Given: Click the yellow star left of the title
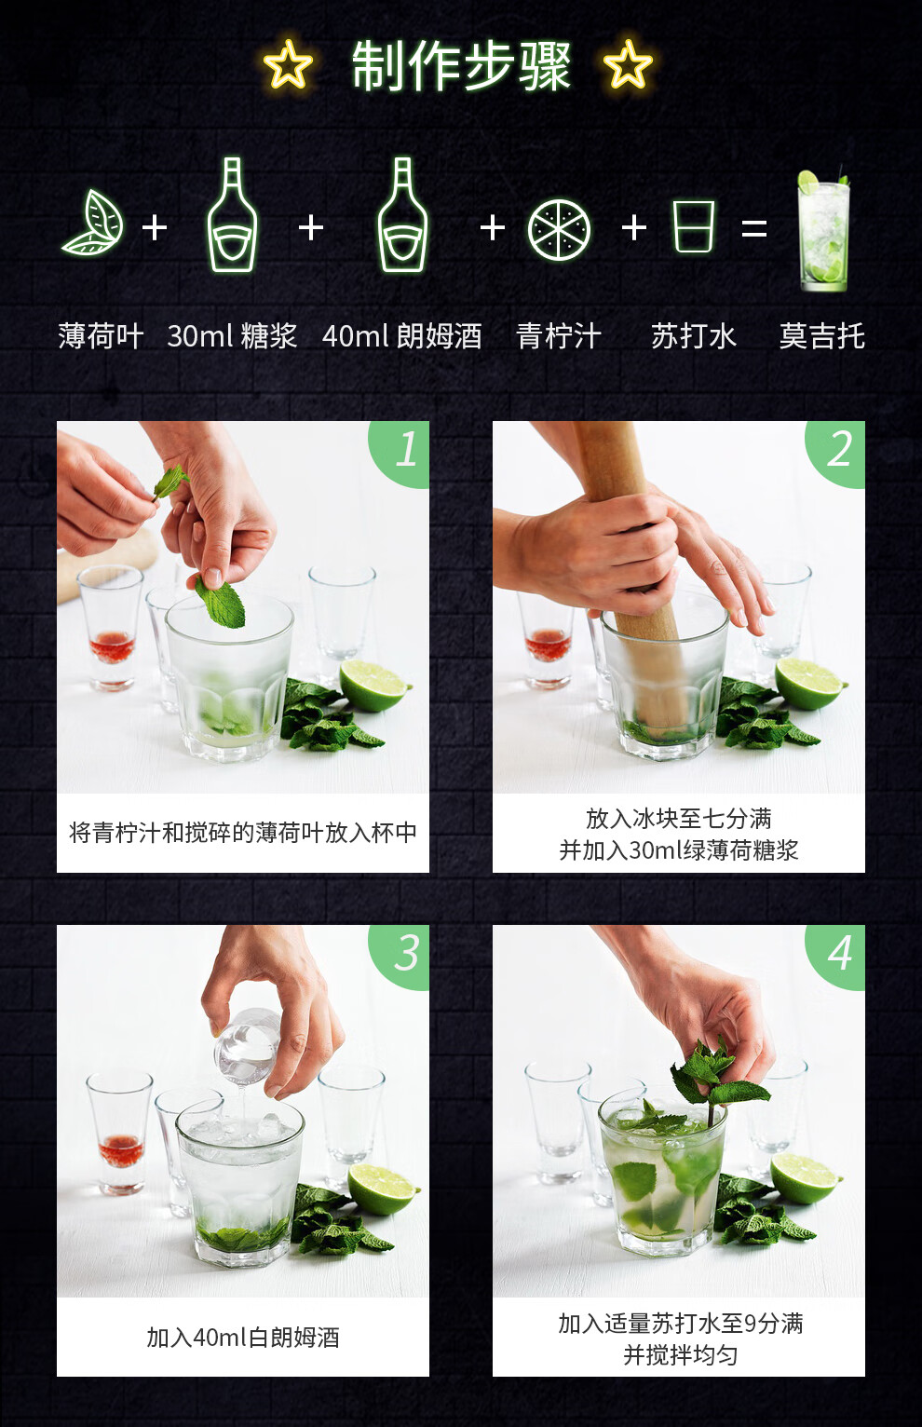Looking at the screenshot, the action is point(289,64).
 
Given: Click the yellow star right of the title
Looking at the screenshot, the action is point(628,64).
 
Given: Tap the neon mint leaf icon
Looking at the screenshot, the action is point(94,223).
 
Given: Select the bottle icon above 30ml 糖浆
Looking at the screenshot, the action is point(233,214).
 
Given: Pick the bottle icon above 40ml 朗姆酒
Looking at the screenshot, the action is point(402,214).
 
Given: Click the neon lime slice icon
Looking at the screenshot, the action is point(559,230).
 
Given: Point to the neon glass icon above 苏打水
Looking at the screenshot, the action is point(694,226).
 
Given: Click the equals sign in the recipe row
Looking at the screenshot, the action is point(754,228).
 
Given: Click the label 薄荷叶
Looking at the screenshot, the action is point(101,335).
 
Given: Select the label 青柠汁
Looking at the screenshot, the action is point(559,335).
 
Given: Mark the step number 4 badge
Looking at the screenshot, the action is point(837,956).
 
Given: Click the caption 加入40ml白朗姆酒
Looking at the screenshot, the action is point(242,1338).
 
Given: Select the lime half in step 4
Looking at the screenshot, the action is point(806,1178).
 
